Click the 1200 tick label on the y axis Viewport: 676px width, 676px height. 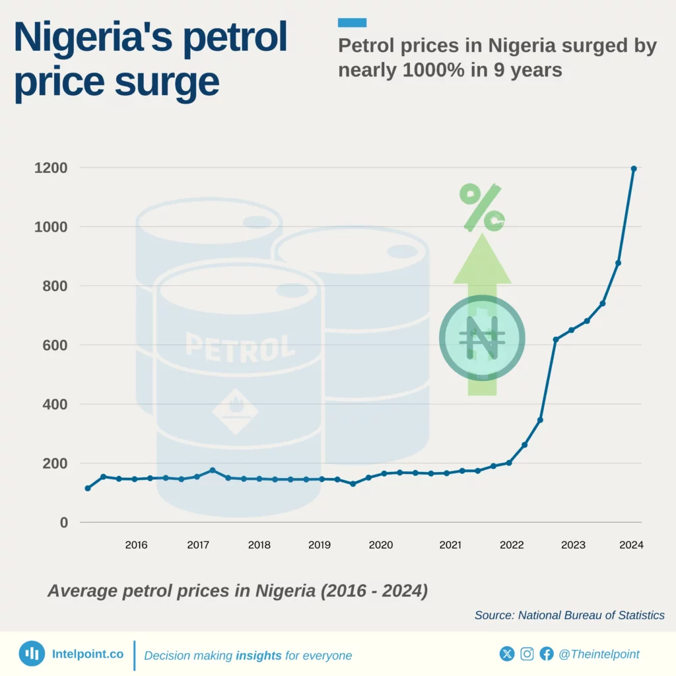pos(51,168)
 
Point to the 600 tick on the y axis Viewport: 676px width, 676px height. pos(55,345)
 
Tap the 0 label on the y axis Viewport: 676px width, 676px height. pos(64,522)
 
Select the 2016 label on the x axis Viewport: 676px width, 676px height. pos(136,545)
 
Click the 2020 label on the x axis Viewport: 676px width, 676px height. pos(381,545)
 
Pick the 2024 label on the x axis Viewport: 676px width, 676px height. pos(631,545)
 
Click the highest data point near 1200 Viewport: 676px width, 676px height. pos(634,168)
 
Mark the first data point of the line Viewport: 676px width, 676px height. pos(88,488)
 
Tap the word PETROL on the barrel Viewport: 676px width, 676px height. pos(240,347)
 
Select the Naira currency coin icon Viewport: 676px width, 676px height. pos(482,338)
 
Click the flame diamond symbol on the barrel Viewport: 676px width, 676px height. pos(236,411)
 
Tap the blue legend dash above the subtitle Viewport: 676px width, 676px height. pos(352,23)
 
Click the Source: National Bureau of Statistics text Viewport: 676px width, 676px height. pos(569,615)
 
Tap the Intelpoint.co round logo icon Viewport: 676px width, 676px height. pos(32,654)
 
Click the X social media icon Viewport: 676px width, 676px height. pos(507,654)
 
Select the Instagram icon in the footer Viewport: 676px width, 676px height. pos(527,654)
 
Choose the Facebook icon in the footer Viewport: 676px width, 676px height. pos(547,654)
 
